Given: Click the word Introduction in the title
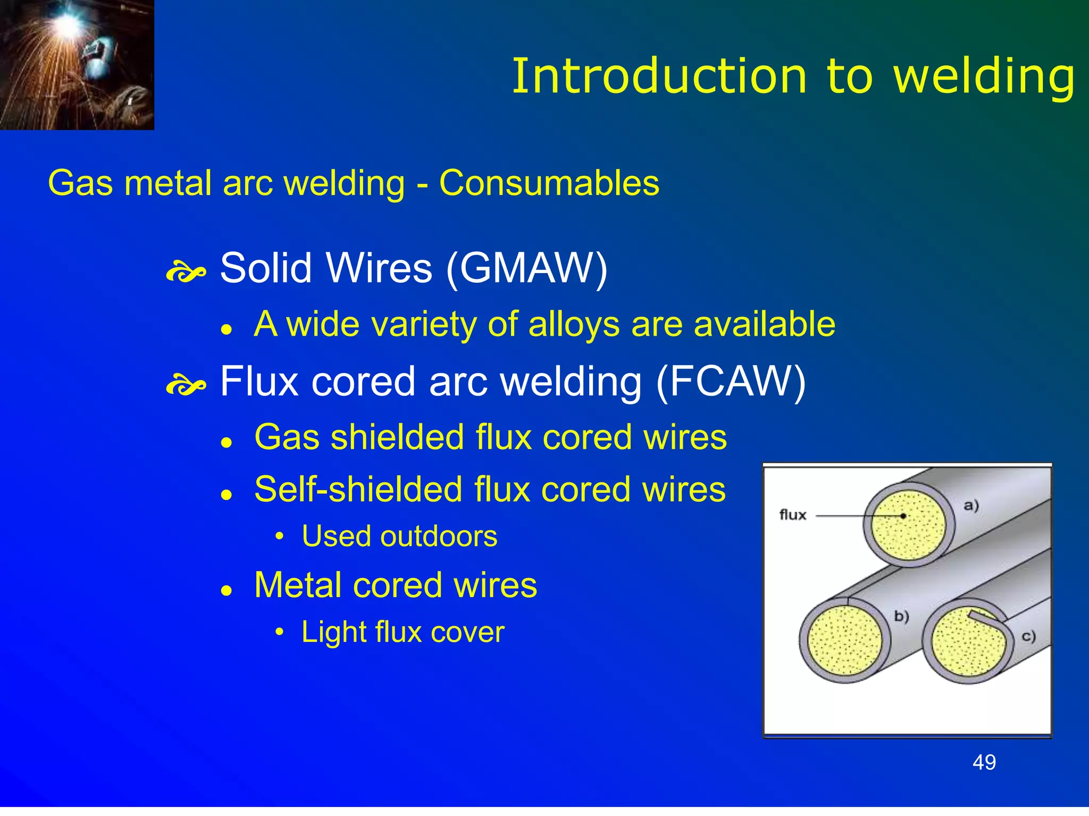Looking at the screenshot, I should click(659, 77).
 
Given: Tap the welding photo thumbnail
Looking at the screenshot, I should click(77, 64).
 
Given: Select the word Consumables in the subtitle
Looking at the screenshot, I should click(549, 183).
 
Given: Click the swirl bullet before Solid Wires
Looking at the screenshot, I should click(186, 272).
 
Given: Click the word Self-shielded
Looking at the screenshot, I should click(358, 489).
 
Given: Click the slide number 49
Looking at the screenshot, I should click(984, 762).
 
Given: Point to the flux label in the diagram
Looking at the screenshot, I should click(792, 515).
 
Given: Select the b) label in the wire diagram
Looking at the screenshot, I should click(901, 616).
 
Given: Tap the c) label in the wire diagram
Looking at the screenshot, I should click(1028, 636).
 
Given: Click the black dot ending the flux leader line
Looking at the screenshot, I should click(903, 516).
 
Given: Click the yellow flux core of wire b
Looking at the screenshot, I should click(844, 641).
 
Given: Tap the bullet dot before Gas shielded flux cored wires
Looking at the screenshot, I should click(227, 442).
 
